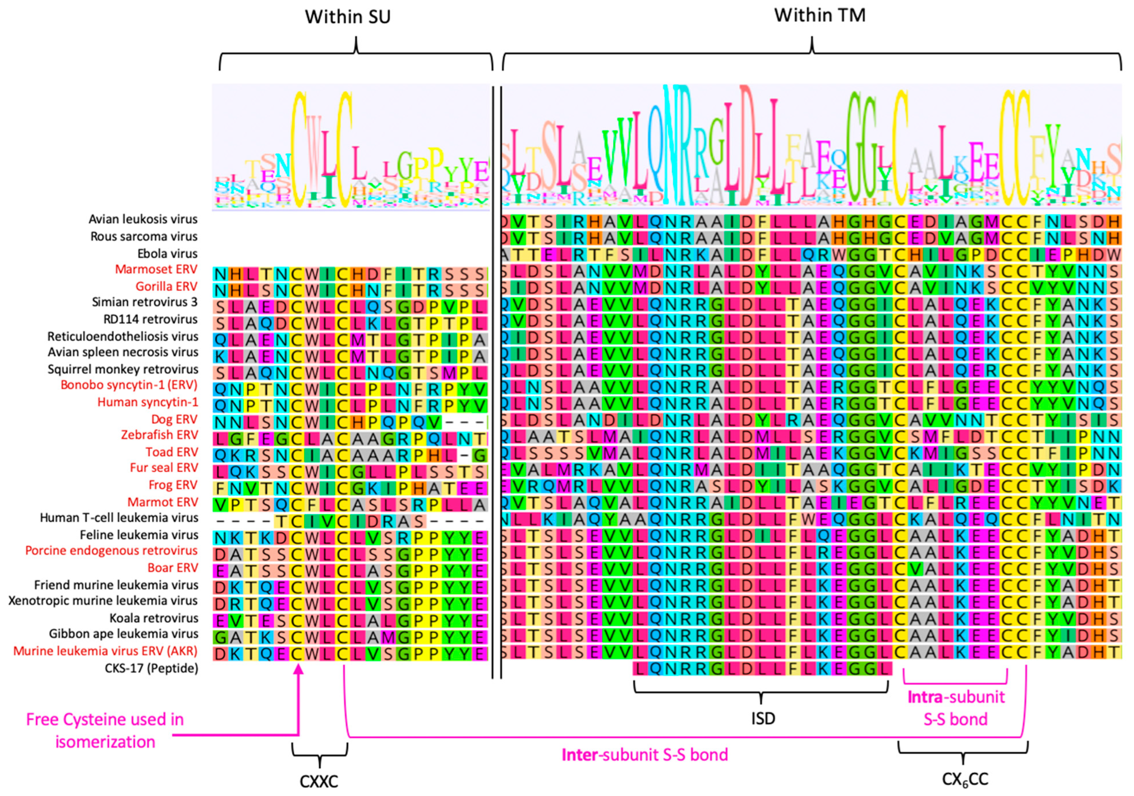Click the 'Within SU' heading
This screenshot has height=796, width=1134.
(x=348, y=17)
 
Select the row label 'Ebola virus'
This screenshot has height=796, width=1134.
(x=168, y=253)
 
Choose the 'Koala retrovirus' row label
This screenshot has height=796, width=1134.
(x=154, y=618)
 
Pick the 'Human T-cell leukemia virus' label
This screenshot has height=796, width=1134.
(x=119, y=517)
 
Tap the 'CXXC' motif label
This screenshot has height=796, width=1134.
(x=319, y=782)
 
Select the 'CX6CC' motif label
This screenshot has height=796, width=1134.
(x=965, y=779)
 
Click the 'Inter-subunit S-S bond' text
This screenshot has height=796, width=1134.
(x=645, y=755)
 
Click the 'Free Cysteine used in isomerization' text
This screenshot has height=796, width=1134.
(x=105, y=730)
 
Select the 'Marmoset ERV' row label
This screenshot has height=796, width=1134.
(x=156, y=269)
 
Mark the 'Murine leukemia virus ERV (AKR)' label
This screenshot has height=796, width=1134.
(x=105, y=651)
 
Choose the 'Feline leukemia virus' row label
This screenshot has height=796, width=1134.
(x=139, y=535)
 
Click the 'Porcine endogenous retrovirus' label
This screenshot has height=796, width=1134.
(x=111, y=550)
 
